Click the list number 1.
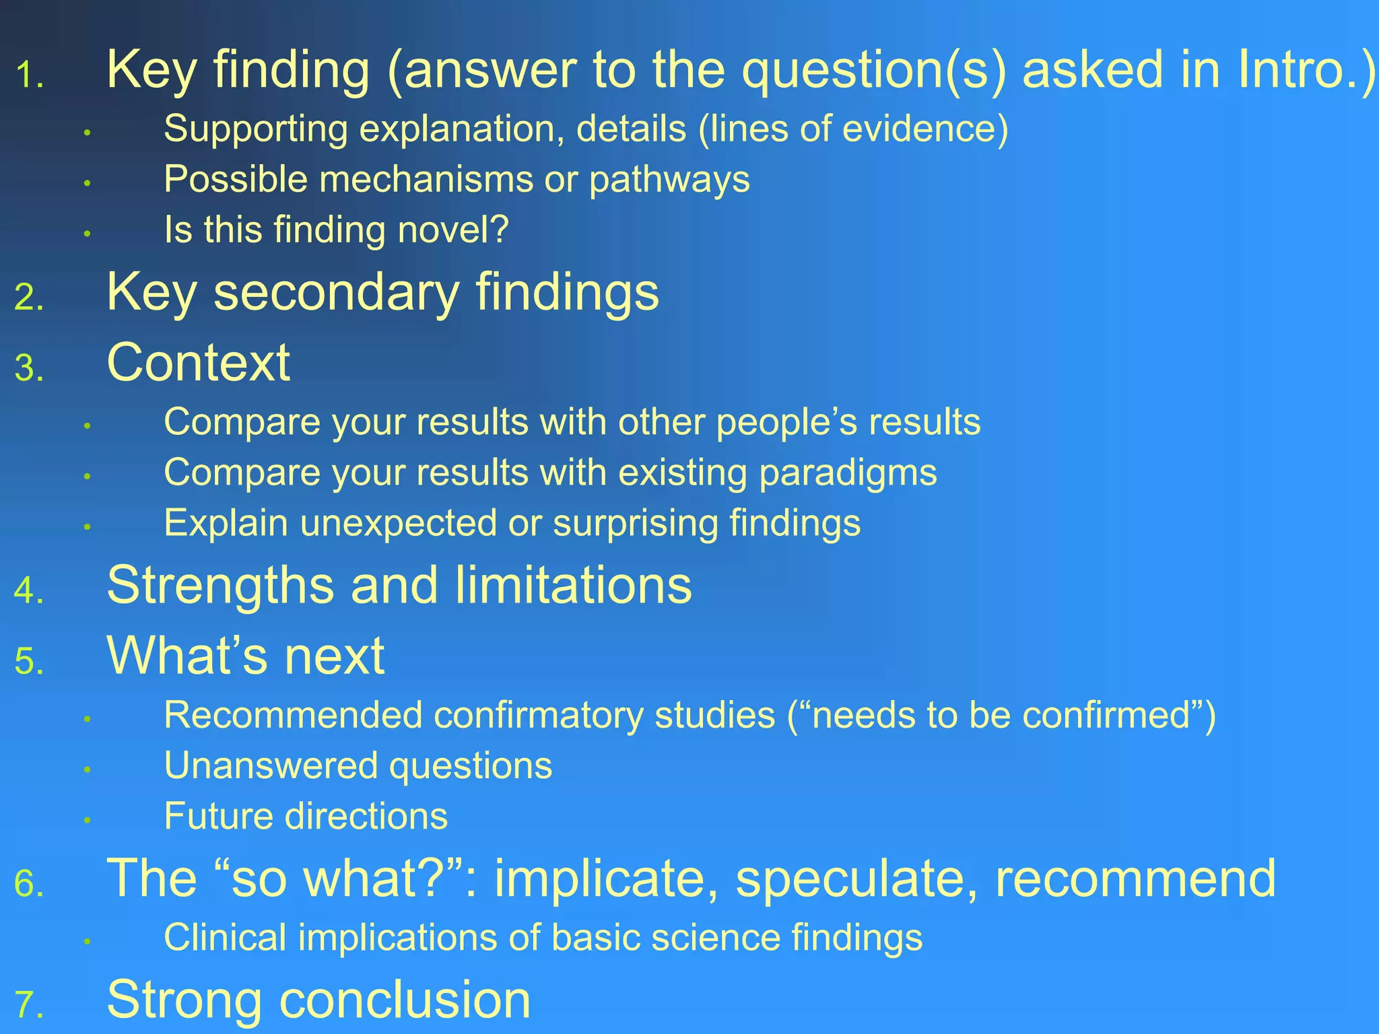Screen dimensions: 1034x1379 (28, 75)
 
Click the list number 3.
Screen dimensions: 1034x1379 (28, 369)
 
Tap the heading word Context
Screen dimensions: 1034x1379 (198, 364)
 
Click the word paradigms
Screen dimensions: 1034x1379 (848, 473)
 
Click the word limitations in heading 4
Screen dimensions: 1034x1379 (573, 585)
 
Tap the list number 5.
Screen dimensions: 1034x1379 (28, 662)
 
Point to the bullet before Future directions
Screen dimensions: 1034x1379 (87, 820)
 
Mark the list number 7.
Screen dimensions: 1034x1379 (28, 1006)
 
